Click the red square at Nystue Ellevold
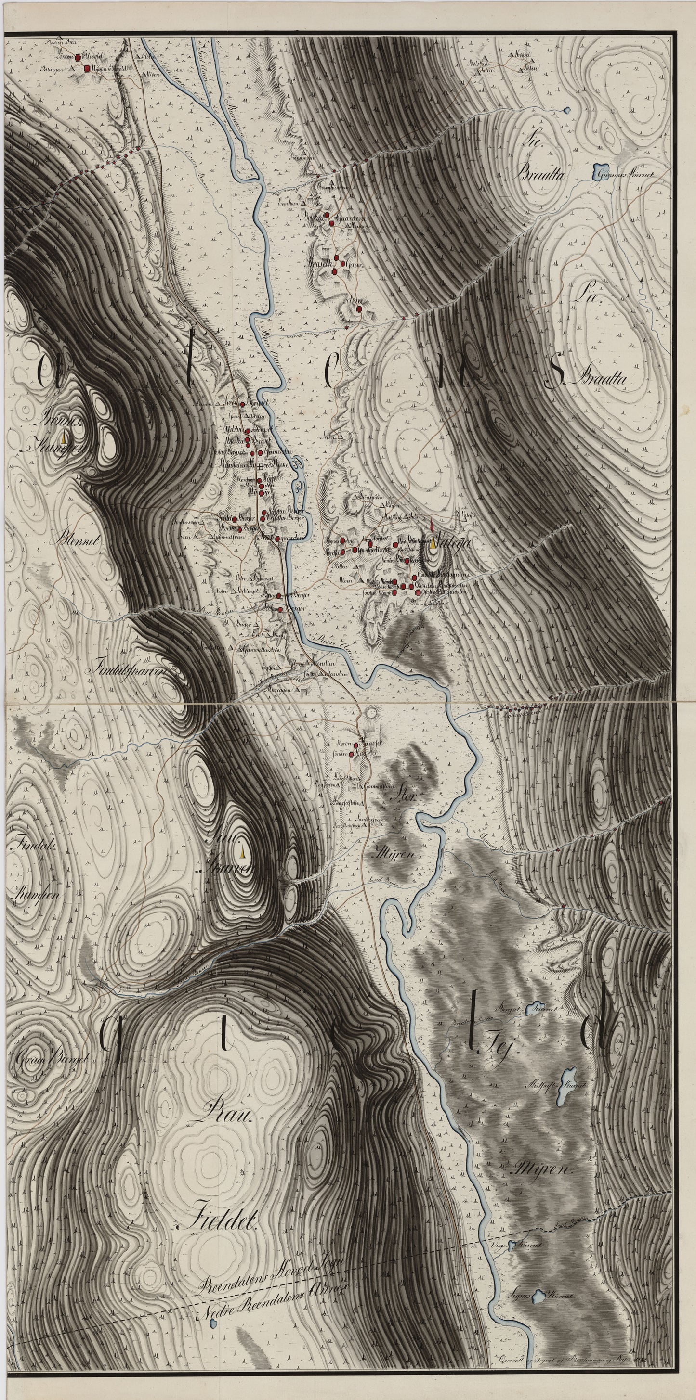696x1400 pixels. pyautogui.click(x=87, y=68)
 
